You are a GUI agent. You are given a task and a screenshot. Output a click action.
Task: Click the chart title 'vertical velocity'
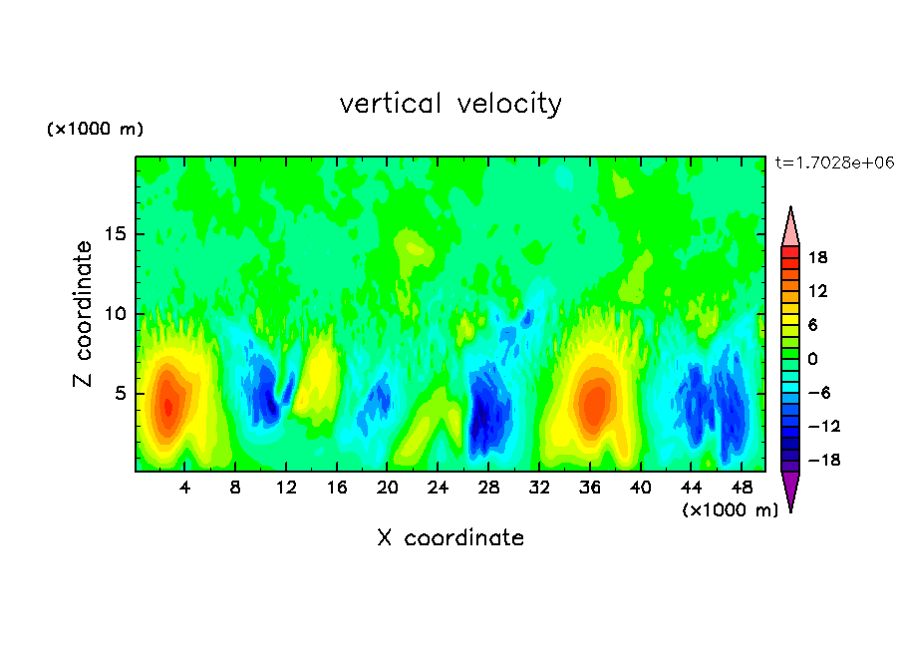click(x=450, y=104)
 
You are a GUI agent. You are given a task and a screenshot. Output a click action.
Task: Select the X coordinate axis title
click(x=450, y=538)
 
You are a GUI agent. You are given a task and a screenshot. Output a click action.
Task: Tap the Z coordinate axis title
click(x=84, y=313)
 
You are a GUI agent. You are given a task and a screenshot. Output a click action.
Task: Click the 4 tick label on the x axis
click(x=185, y=489)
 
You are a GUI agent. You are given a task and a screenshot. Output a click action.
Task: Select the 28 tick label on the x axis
click(x=488, y=489)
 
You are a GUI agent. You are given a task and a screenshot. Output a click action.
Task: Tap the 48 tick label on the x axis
click(x=742, y=489)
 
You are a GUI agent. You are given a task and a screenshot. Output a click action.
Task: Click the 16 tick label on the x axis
click(x=337, y=489)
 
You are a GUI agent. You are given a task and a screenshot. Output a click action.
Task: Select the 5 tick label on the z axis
click(x=118, y=393)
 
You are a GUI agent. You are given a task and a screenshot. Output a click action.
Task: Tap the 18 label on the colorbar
click(x=817, y=258)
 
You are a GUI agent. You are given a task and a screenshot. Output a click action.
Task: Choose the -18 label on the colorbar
click(x=816, y=462)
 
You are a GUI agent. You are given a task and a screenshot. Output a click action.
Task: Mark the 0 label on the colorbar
click(x=811, y=360)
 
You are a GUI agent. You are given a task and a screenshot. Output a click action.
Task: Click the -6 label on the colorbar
click(x=816, y=394)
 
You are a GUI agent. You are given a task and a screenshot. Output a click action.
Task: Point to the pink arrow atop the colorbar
click(x=790, y=226)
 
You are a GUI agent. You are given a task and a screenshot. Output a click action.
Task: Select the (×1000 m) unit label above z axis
click(x=96, y=130)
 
